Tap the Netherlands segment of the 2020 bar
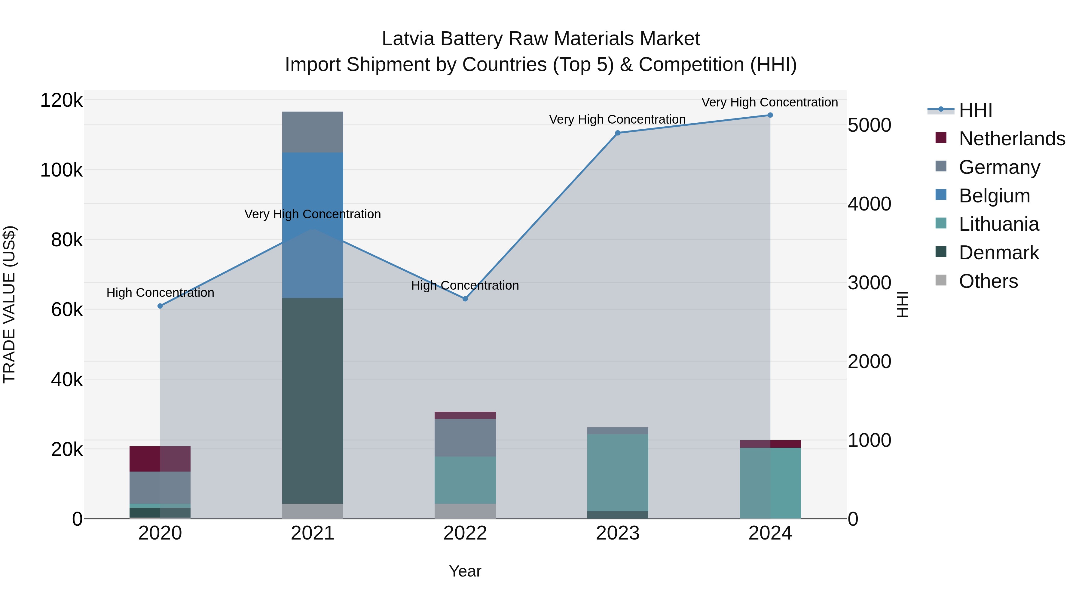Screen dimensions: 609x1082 point(160,459)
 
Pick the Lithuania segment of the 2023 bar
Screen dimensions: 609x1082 point(617,472)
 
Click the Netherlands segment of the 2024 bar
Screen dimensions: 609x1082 point(770,444)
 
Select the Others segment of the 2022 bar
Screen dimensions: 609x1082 point(465,511)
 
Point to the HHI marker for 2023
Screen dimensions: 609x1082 point(617,133)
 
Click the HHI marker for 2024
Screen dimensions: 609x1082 point(770,115)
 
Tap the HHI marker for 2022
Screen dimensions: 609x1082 point(465,299)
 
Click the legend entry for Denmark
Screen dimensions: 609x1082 point(998,253)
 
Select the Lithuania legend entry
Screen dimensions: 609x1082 point(998,224)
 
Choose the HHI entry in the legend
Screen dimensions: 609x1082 point(975,110)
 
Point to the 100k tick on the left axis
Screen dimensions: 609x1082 point(61,170)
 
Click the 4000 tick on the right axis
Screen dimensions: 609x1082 point(869,204)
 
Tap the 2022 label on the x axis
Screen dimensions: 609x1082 point(465,533)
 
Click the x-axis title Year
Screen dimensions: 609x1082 point(465,571)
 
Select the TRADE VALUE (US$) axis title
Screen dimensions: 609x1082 point(9,304)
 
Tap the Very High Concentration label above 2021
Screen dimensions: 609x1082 point(313,214)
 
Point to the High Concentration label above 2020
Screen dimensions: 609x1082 point(160,293)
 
